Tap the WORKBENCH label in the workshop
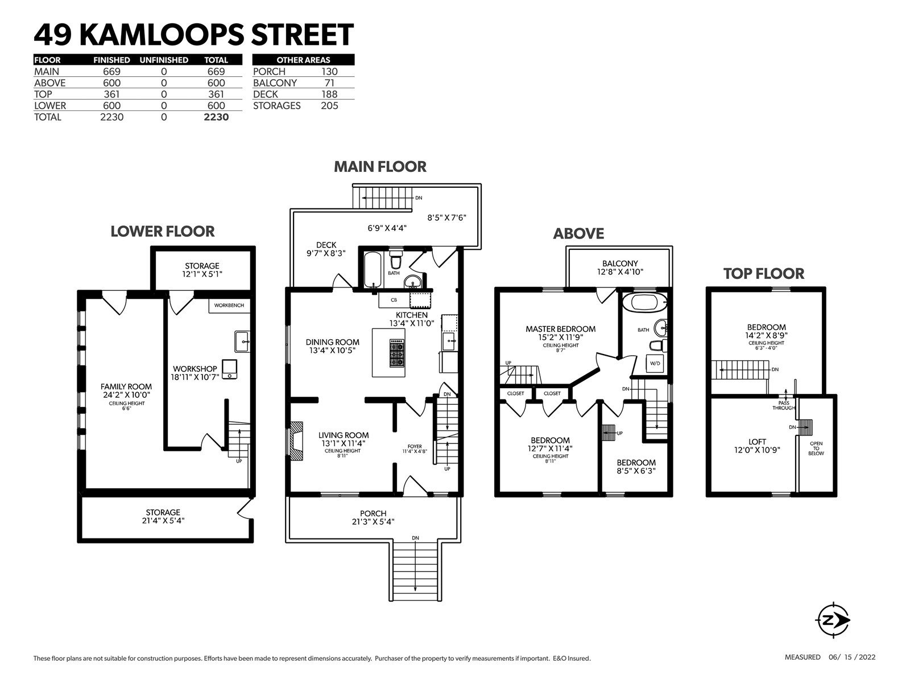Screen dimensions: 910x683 point(229,306)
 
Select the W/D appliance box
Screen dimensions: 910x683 point(655,364)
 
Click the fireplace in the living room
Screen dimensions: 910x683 point(296,441)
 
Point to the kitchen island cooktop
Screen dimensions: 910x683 point(397,353)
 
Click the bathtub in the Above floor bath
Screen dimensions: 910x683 point(644,303)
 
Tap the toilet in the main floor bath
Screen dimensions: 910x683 point(395,259)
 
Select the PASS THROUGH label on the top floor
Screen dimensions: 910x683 point(784,406)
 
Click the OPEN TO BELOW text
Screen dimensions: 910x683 point(816,449)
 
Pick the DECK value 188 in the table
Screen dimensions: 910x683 point(329,94)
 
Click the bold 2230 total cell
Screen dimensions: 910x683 point(216,117)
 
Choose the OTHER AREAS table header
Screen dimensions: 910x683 point(303,60)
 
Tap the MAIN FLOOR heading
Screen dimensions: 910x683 point(380,167)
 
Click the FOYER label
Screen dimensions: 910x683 point(415,447)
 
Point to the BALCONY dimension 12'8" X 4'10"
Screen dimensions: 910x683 point(620,272)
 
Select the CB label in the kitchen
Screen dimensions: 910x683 point(394,300)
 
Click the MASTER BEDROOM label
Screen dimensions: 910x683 point(561,330)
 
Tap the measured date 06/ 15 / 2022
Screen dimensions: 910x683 point(852,657)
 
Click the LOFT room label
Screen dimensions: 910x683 point(757,442)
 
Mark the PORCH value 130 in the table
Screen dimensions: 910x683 point(329,71)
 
